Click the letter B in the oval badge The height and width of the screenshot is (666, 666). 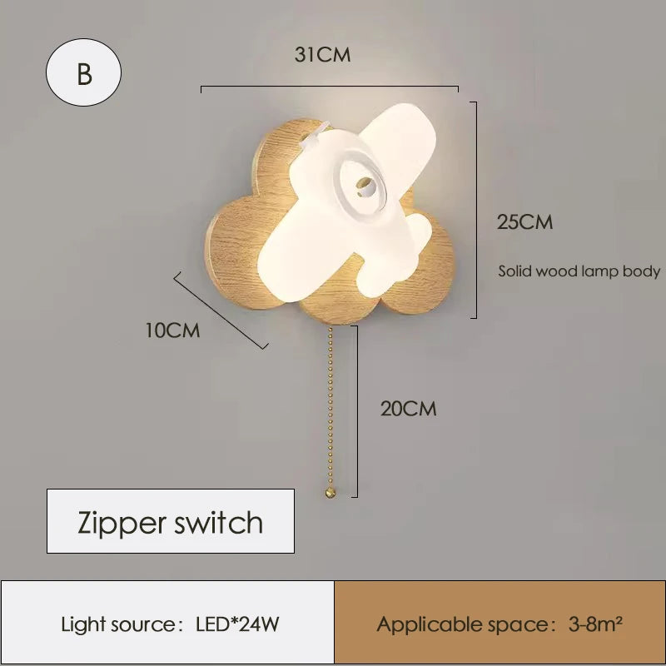pyautogui.click(x=84, y=73)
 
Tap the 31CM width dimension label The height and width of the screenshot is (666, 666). pyautogui.click(x=322, y=56)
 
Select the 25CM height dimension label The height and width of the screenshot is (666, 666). pyautogui.click(x=524, y=222)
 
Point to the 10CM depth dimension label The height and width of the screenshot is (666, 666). pyautogui.click(x=172, y=331)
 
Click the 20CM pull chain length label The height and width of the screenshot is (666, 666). pyautogui.click(x=408, y=409)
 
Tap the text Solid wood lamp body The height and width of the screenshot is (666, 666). pyautogui.click(x=579, y=271)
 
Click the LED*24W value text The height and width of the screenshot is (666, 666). pyautogui.click(x=236, y=624)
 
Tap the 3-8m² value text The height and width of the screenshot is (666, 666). pyautogui.click(x=595, y=624)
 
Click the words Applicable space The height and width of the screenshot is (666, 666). pyautogui.click(x=460, y=624)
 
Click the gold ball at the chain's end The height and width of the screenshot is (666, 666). pyautogui.click(x=331, y=494)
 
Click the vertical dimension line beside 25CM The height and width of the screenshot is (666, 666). pyautogui.click(x=475, y=208)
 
